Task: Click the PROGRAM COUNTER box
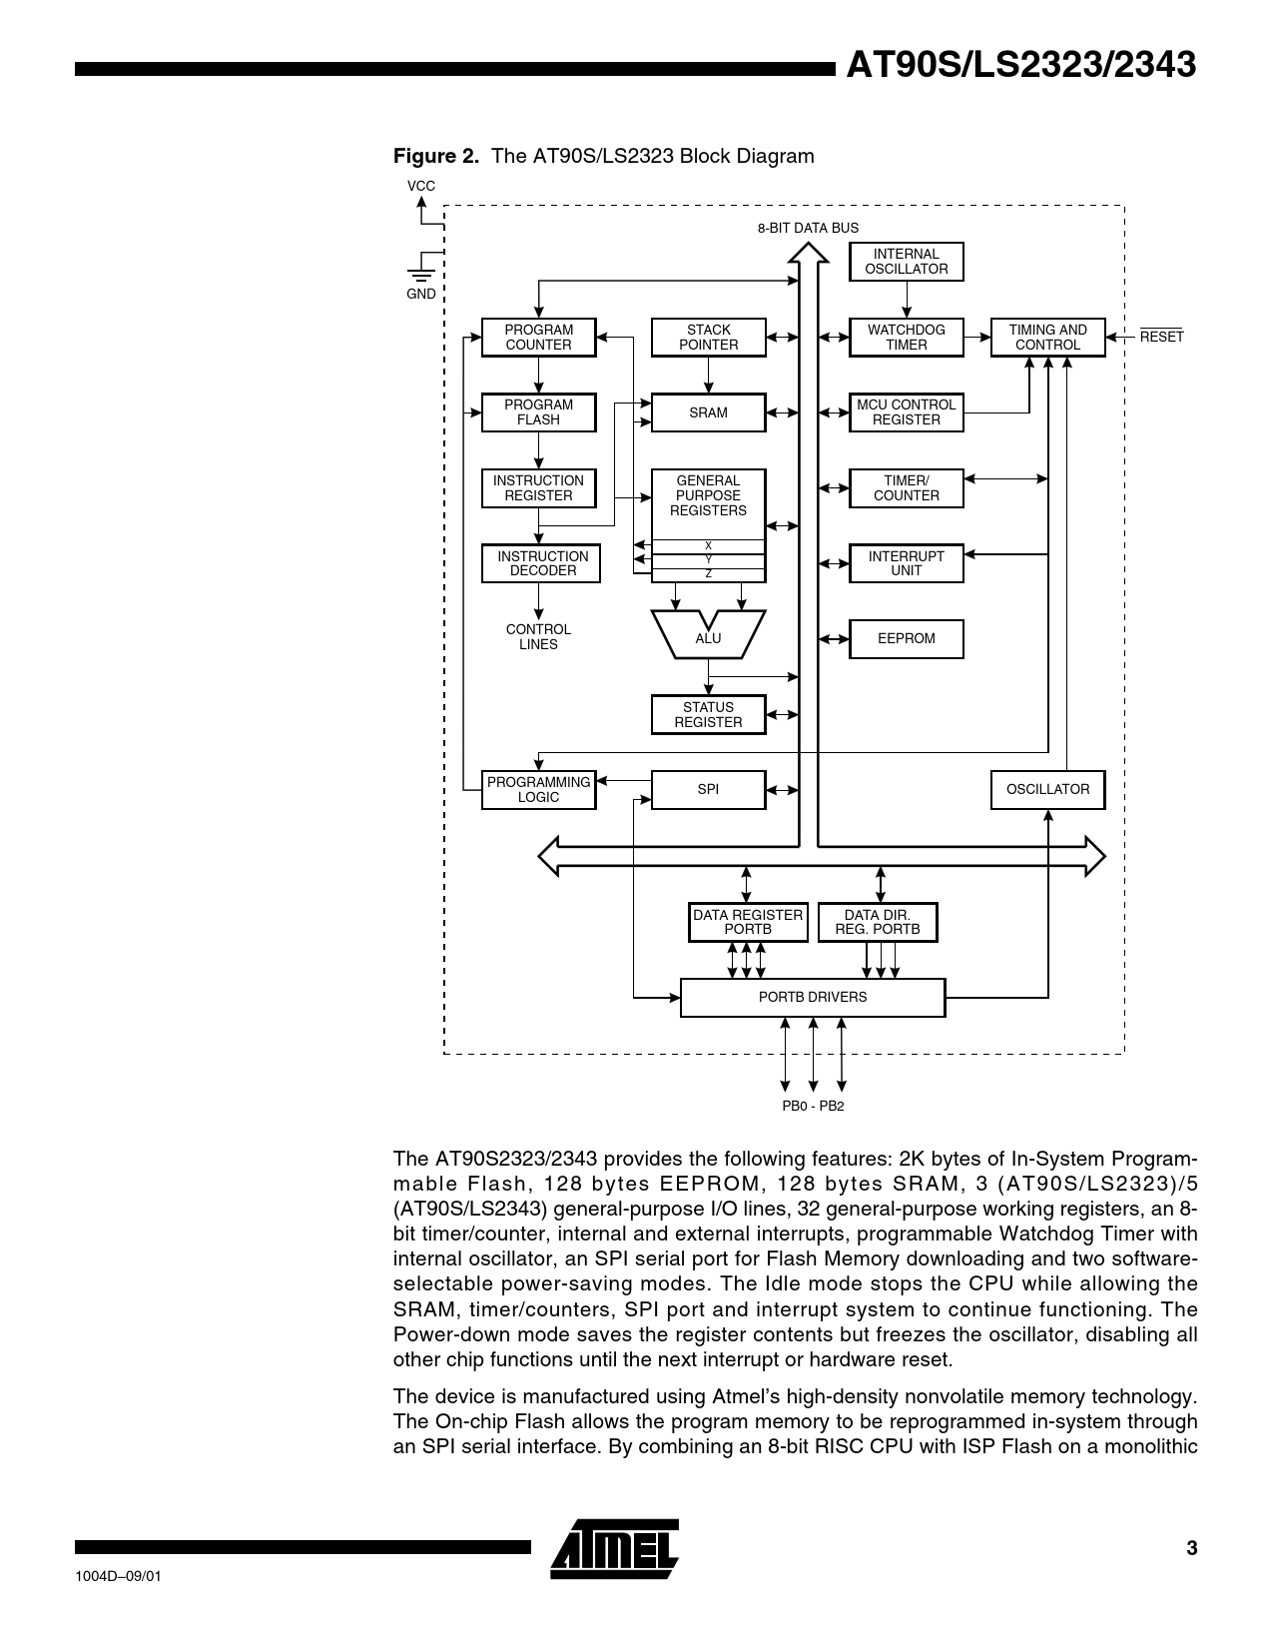pyautogui.click(x=538, y=338)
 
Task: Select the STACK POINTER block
pyautogui.click(x=708, y=338)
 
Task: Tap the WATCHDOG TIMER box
pyautogui.click(x=906, y=338)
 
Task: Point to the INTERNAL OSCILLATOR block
pyautogui.click(x=906, y=262)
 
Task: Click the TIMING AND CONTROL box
pyautogui.click(x=1047, y=338)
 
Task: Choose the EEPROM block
pyautogui.click(x=906, y=639)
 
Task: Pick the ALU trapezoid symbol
pyautogui.click(x=708, y=636)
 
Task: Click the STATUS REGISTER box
pyautogui.click(x=708, y=715)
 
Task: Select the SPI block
pyautogui.click(x=708, y=790)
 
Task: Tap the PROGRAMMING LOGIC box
pyautogui.click(x=538, y=790)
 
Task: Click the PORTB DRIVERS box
pyautogui.click(x=812, y=998)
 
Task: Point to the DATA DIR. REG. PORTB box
pyautogui.click(x=877, y=922)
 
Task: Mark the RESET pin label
pyautogui.click(x=1161, y=338)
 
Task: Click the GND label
pyautogui.click(x=420, y=295)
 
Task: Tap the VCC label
pyautogui.click(x=420, y=187)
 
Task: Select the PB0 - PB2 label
pyautogui.click(x=813, y=1107)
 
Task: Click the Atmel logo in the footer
pyautogui.click(x=614, y=1549)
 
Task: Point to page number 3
pyautogui.click(x=1191, y=1549)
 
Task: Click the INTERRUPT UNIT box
pyautogui.click(x=906, y=563)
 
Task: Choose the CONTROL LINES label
pyautogui.click(x=538, y=637)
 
